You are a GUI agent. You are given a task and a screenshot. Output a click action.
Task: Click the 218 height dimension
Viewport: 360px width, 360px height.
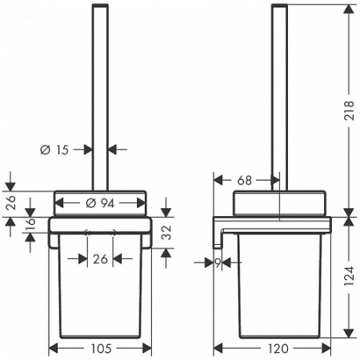(x=350, y=110)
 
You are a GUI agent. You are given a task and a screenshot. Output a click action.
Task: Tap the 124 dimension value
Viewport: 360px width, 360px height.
(x=350, y=276)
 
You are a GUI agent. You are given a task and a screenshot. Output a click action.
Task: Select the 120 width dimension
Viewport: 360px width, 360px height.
(x=278, y=349)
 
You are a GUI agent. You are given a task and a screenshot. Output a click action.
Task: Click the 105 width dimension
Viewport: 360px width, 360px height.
(x=102, y=349)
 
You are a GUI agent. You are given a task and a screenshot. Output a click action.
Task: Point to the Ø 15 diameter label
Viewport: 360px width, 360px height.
(x=54, y=150)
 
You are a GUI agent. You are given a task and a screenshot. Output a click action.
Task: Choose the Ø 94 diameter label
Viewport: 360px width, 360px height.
(x=100, y=203)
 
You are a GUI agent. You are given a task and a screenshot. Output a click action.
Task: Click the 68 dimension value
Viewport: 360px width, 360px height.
(x=245, y=181)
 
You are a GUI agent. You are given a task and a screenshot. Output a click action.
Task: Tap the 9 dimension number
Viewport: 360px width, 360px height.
(x=218, y=263)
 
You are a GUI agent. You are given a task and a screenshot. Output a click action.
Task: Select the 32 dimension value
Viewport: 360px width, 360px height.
(x=167, y=233)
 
